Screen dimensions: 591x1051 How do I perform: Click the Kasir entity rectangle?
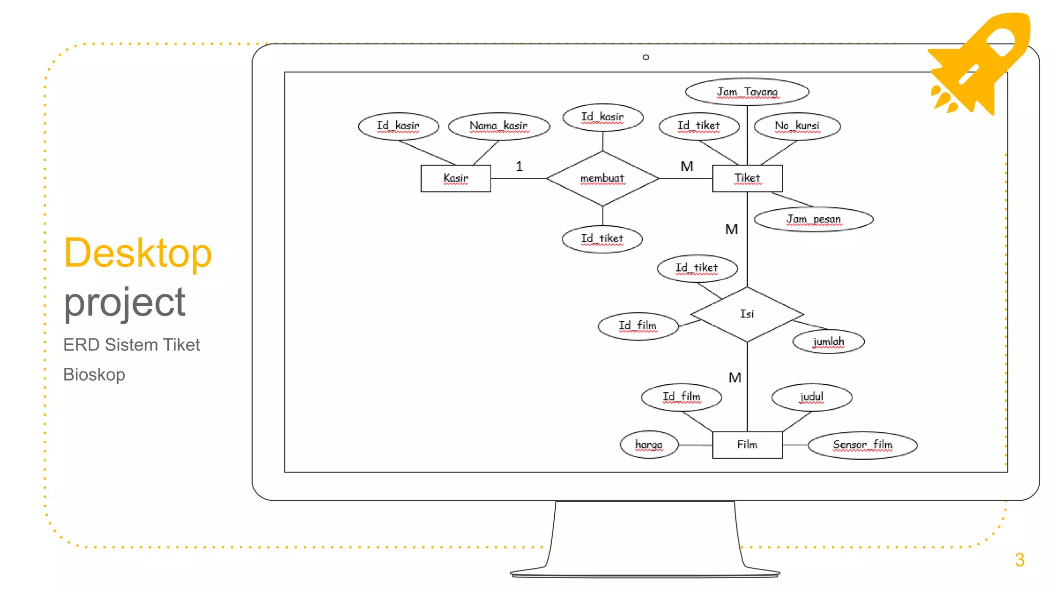pos(456,179)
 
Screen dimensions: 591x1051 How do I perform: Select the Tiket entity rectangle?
pos(747,179)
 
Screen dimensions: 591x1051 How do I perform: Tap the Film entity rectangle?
pos(747,445)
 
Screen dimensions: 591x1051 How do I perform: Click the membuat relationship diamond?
pos(602,179)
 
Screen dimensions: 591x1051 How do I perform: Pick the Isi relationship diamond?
pos(747,314)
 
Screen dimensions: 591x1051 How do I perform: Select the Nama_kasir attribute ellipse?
pos(499,126)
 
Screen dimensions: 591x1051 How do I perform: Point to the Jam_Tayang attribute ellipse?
pos(747,92)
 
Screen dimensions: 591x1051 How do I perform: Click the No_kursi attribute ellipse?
pos(797,126)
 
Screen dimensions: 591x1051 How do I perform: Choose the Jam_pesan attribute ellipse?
pos(813,220)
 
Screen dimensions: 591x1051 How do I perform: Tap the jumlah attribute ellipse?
pos(828,342)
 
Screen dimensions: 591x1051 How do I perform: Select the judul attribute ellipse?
pos(812,397)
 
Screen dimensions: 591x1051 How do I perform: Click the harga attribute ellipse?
pos(649,445)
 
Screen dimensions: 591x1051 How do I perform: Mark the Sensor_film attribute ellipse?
pos(863,445)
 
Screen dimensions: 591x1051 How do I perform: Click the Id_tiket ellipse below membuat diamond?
pos(602,239)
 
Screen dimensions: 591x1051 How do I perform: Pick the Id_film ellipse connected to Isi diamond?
pos(638,326)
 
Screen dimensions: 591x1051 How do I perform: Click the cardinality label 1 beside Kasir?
pos(519,166)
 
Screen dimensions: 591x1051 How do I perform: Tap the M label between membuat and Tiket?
pos(687,166)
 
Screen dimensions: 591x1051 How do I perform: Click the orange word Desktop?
pos(138,253)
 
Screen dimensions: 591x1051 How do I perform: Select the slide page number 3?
pos(1020,560)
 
